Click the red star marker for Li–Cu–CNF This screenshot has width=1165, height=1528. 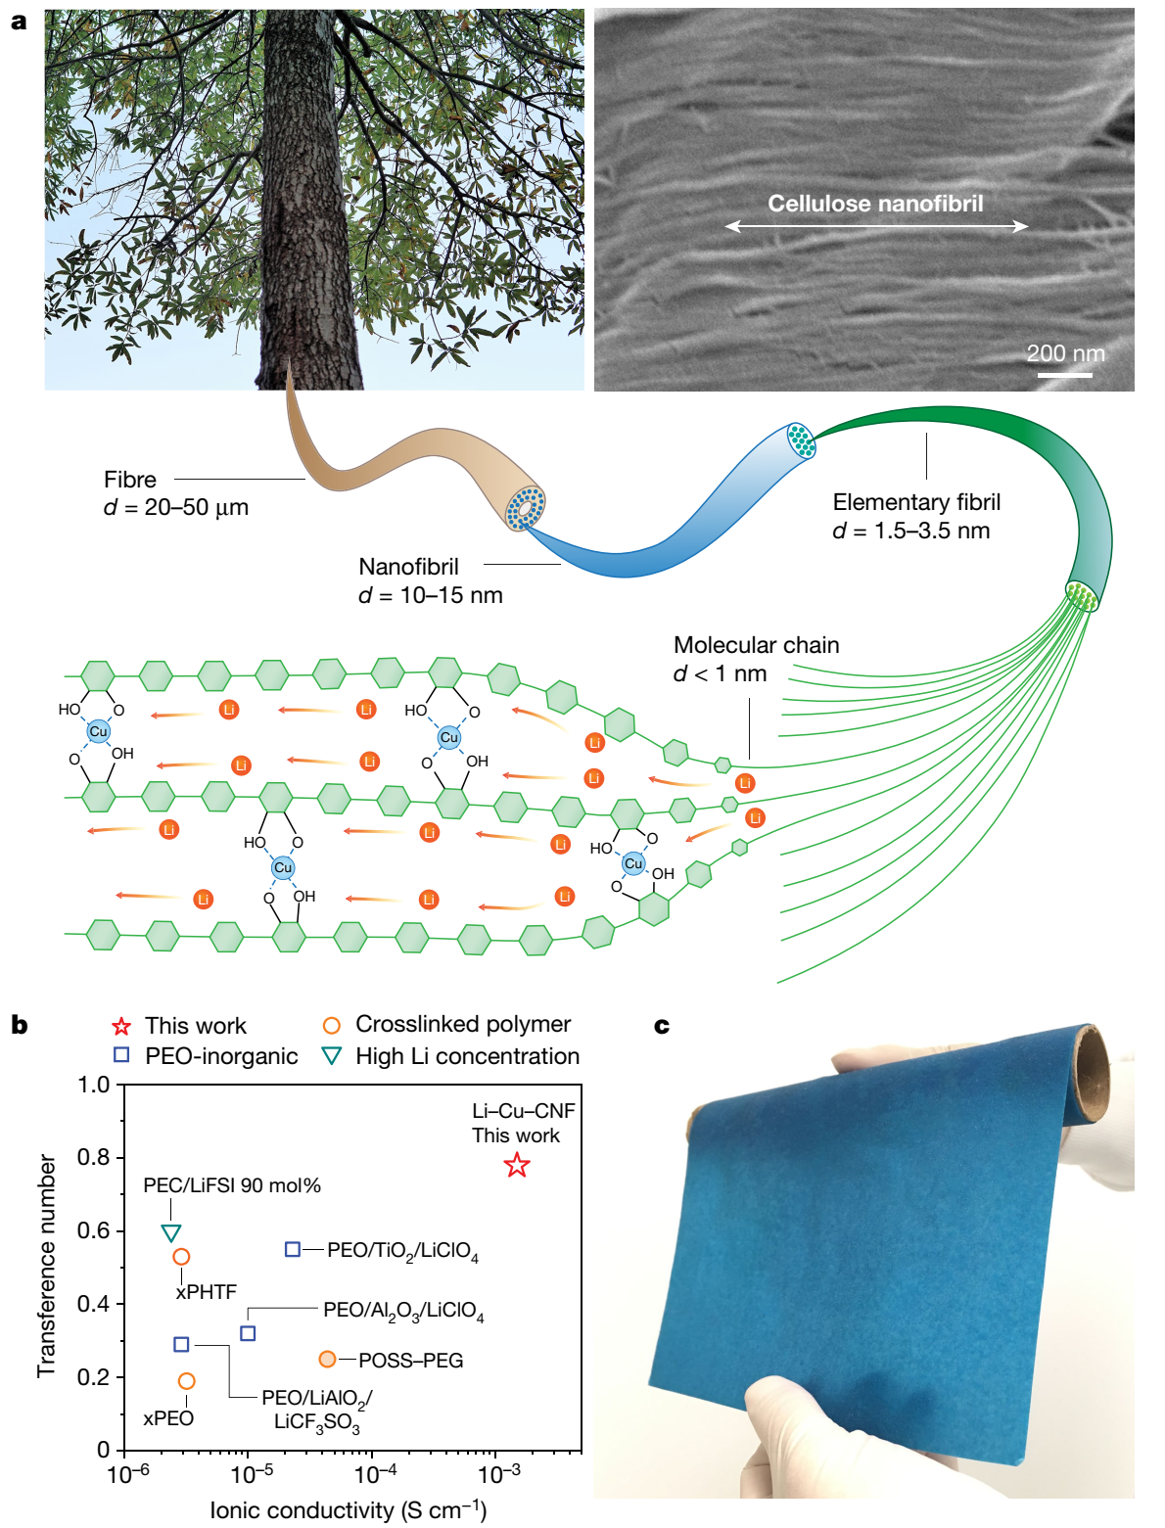click(516, 1164)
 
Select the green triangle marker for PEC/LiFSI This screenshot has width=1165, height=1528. click(171, 1232)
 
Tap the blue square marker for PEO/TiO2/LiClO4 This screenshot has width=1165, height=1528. click(293, 1249)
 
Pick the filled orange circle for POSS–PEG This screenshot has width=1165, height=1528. click(327, 1358)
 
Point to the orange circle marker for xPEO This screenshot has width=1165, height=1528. click(186, 1380)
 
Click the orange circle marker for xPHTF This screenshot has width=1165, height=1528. click(181, 1257)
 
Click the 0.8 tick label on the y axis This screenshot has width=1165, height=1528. click(93, 1157)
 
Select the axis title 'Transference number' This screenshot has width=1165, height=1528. click(47, 1267)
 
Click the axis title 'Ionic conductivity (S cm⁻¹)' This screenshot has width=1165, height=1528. click(348, 1509)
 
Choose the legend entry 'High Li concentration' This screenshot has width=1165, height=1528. click(467, 1056)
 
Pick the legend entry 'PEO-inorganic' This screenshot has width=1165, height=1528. click(221, 1056)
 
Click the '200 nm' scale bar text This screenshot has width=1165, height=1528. click(1065, 353)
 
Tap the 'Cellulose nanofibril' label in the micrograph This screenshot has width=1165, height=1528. click(875, 204)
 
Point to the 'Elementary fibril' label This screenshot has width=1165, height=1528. click(916, 502)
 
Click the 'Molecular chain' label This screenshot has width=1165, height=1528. click(756, 645)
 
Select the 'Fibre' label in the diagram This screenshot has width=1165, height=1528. click(130, 479)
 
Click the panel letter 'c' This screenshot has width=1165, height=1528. click(662, 1026)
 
